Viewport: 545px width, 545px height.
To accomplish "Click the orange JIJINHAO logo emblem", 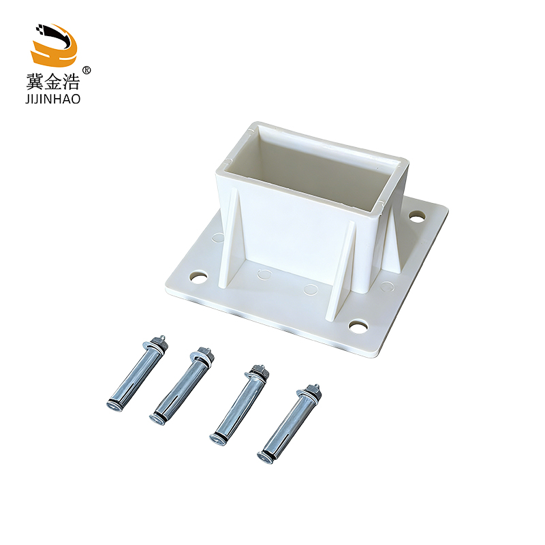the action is pyautogui.click(x=54, y=44).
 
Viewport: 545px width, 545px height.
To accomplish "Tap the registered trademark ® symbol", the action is pyautogui.click(x=87, y=70).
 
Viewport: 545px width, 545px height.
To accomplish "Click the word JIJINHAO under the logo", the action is pyautogui.click(x=53, y=99).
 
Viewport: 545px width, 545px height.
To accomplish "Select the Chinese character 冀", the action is pyautogui.click(x=35, y=82).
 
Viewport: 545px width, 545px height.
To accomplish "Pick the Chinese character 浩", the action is pyautogui.click(x=72, y=82).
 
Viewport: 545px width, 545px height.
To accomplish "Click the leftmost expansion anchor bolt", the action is pyautogui.click(x=137, y=374).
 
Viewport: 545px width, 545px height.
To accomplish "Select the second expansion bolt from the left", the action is pyautogui.click(x=182, y=386).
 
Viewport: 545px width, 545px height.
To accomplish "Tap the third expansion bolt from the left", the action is pyautogui.click(x=240, y=405).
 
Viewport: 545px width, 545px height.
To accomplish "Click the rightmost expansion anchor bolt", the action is pyautogui.click(x=289, y=424).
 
